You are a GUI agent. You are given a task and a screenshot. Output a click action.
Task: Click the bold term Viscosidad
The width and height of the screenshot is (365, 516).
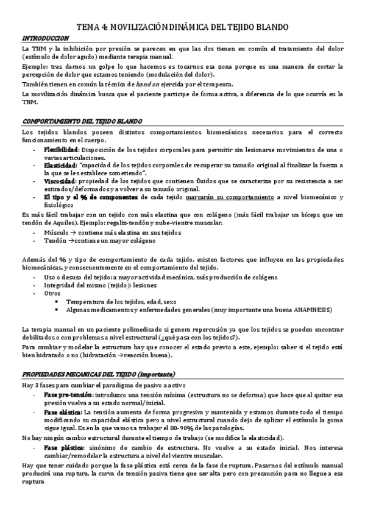point(59,181)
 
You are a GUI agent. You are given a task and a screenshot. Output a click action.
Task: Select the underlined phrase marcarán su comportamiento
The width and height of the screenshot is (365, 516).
point(239,197)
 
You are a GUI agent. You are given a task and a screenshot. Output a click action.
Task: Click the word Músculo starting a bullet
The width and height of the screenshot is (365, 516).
point(56,232)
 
